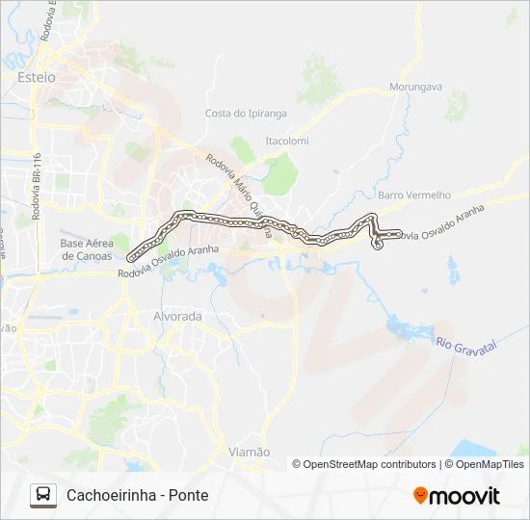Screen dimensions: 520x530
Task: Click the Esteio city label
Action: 37,76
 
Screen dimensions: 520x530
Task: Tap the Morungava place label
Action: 415,87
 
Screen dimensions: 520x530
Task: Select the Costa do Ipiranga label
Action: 246,113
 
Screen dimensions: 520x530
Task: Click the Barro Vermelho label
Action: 414,195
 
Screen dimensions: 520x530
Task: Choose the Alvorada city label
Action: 177,316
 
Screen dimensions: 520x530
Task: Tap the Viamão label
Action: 249,452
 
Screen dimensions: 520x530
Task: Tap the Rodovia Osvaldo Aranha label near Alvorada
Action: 169,262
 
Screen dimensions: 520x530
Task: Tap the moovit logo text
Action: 464,496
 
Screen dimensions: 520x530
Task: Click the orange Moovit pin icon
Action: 420,496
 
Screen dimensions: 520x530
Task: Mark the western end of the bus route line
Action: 130,256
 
